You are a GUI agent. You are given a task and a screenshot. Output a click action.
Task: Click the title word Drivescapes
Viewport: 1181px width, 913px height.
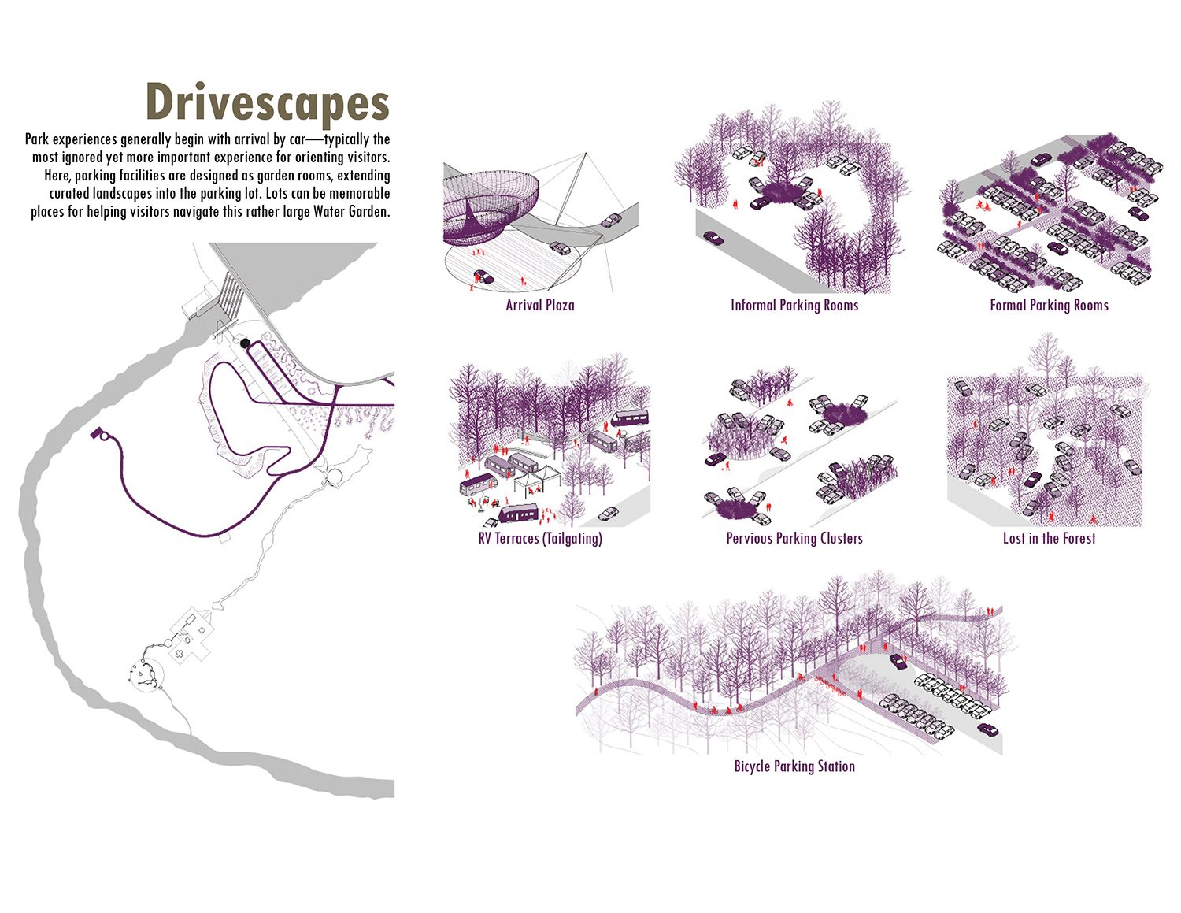click(268, 102)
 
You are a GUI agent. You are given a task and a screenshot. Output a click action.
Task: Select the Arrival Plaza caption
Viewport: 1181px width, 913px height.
click(539, 305)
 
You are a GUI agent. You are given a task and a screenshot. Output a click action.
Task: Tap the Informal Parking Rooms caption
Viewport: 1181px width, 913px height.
click(794, 305)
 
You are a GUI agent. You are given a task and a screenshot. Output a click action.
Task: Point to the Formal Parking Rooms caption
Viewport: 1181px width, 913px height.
click(1049, 305)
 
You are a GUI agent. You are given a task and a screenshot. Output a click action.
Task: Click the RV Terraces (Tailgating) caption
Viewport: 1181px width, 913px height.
click(540, 538)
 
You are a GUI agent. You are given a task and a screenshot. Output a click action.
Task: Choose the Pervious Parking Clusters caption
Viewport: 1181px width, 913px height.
click(794, 538)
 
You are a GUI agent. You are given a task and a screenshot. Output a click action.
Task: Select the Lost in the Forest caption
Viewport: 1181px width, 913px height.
click(1049, 538)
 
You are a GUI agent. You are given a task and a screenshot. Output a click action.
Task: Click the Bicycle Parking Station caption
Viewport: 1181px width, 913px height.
click(794, 766)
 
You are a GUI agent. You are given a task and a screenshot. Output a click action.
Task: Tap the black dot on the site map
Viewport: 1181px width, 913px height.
click(245, 343)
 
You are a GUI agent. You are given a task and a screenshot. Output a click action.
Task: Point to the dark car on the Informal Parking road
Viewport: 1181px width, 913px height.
click(713, 238)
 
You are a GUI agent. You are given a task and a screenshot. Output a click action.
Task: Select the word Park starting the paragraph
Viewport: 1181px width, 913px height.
click(37, 139)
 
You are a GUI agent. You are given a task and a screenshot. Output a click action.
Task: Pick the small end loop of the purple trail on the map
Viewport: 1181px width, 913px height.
click(99, 434)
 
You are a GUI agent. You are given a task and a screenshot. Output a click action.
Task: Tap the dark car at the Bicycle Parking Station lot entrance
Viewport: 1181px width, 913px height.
click(898, 662)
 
